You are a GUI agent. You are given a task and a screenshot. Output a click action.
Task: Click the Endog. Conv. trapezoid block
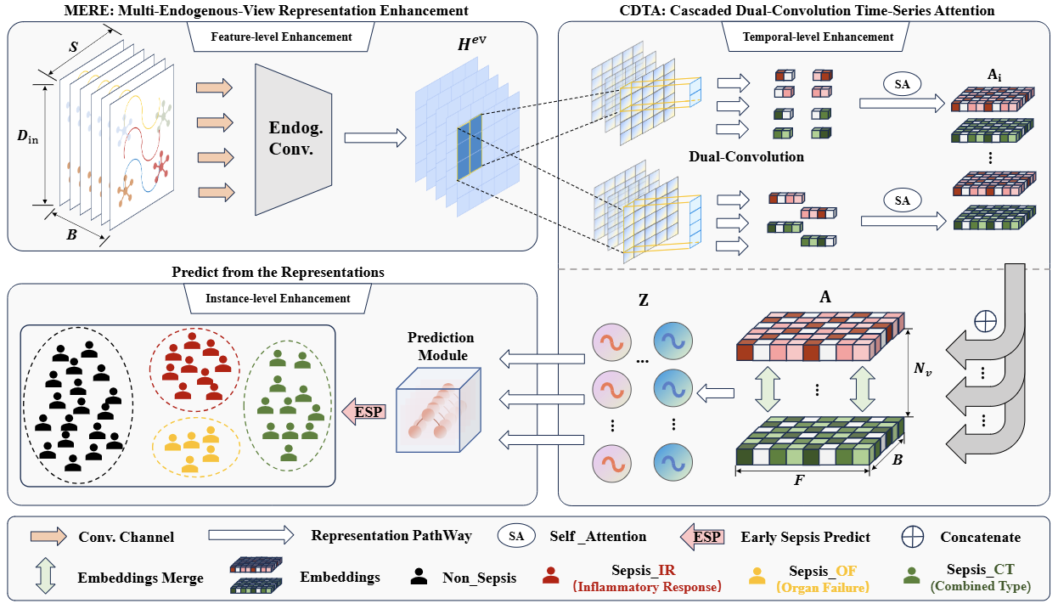[293, 139]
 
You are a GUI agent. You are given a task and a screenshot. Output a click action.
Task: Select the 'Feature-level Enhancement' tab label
[281, 37]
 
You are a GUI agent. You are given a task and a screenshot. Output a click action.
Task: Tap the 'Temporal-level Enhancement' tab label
[818, 37]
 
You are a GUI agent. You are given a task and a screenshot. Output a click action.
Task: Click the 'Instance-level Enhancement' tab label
[278, 299]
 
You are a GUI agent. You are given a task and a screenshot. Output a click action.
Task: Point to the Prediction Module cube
[438, 409]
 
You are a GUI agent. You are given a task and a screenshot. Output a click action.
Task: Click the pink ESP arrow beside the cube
[364, 411]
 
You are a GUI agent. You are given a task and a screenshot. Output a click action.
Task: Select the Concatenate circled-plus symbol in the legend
[912, 537]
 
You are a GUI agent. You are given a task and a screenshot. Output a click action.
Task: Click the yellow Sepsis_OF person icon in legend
[757, 576]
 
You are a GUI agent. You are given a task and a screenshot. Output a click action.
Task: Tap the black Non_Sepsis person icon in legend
[419, 577]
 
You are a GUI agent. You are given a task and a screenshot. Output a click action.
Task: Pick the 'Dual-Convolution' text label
[746, 156]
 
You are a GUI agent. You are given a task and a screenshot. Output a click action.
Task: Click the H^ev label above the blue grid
[471, 43]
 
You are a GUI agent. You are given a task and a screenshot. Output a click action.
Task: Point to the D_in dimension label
[27, 137]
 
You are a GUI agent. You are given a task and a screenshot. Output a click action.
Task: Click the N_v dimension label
[922, 368]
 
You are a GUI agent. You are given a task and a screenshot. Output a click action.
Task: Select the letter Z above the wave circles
[644, 300]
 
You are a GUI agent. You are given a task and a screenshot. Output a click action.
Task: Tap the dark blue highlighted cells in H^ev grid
[470, 147]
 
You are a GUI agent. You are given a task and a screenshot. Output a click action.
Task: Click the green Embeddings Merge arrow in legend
[45, 576]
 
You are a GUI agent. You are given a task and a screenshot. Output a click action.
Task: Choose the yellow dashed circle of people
[196, 446]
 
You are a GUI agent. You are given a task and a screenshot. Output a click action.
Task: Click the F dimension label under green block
[799, 481]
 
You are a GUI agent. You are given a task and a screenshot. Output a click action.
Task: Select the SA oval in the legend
[516, 536]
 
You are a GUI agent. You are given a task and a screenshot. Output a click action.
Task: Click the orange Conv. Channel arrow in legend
[48, 537]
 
